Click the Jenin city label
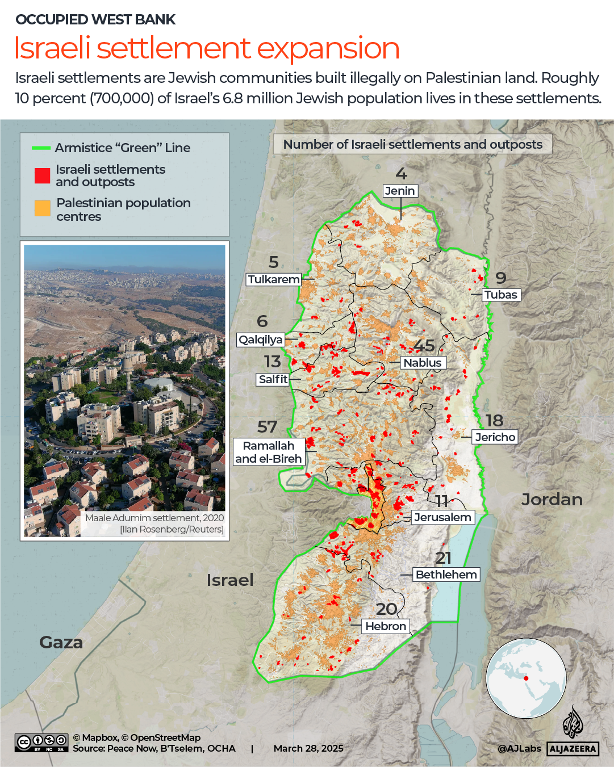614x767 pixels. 400,191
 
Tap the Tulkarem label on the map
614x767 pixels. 273,279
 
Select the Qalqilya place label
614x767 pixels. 260,340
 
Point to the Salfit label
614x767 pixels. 273,379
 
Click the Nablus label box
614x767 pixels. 422,363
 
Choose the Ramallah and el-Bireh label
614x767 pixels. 269,452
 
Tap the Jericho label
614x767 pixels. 495,437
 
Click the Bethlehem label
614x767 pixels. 446,575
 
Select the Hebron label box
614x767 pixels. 386,626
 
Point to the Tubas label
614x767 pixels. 500,295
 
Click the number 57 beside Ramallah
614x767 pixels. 267,426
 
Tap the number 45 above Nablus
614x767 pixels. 424,345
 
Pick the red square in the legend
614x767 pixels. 42,176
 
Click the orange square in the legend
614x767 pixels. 42,208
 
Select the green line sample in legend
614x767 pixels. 41,148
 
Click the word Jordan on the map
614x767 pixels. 552,500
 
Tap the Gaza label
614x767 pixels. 61,642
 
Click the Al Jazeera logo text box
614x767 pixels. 573,749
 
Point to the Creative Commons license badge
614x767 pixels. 41,743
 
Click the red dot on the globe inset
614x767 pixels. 526,678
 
